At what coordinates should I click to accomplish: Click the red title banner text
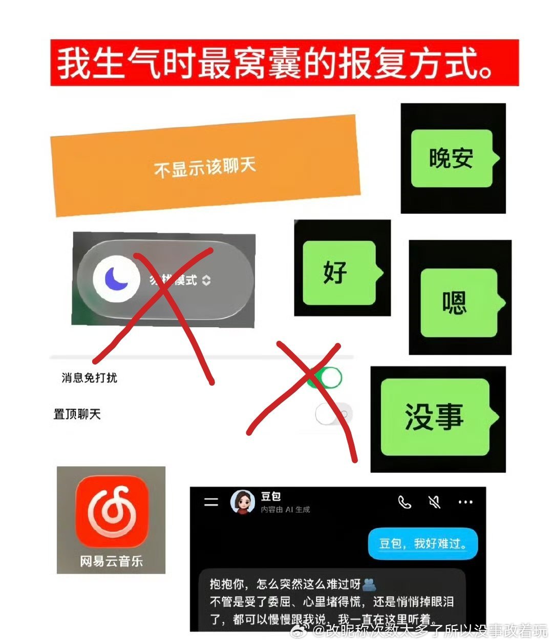click(276, 63)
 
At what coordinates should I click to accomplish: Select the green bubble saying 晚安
click(452, 158)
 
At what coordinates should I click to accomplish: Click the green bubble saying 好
click(339, 272)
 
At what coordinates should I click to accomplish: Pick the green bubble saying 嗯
click(458, 303)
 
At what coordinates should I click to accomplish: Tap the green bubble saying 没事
click(435, 417)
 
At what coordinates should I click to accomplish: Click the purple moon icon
click(117, 278)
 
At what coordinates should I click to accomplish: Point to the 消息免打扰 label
click(90, 378)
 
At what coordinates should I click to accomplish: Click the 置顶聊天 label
click(77, 414)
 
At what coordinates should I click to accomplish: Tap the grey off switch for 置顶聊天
click(333, 414)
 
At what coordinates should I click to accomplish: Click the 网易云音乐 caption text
click(111, 561)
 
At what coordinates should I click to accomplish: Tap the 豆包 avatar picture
click(243, 501)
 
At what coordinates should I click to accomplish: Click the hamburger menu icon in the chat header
click(211, 502)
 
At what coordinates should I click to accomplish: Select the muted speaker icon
click(434, 502)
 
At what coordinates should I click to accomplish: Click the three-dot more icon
click(465, 502)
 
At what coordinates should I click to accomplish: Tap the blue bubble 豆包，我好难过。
click(422, 544)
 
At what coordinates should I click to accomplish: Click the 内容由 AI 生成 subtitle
click(285, 510)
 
